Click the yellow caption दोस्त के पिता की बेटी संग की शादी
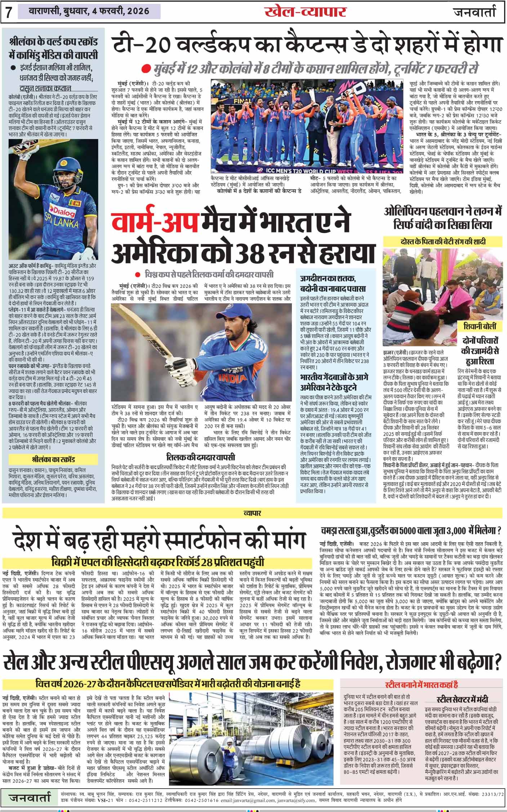[442, 241]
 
